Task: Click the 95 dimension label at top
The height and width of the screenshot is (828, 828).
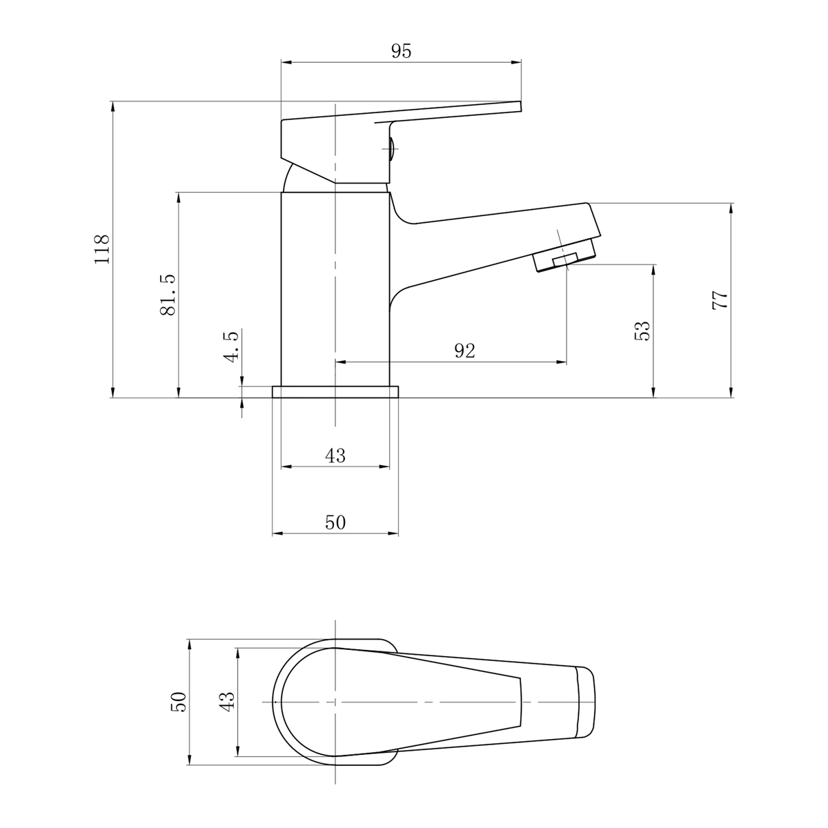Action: click(x=401, y=51)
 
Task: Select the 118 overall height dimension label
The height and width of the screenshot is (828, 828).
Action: click(x=102, y=250)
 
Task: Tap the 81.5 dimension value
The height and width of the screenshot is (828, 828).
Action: click(x=168, y=295)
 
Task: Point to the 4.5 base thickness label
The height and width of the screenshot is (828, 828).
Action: click(x=232, y=346)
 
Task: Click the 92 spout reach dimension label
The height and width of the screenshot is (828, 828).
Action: click(x=465, y=351)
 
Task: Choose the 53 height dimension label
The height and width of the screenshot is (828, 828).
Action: click(x=642, y=330)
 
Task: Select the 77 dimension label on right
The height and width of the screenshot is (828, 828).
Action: click(x=720, y=300)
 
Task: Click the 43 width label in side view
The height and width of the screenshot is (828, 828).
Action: click(x=335, y=456)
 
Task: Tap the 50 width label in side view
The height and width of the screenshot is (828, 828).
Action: click(x=335, y=523)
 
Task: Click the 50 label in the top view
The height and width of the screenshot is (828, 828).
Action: click(x=178, y=702)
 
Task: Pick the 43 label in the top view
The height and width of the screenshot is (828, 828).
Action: click(x=228, y=702)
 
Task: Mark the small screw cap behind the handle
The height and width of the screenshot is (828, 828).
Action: click(x=391, y=148)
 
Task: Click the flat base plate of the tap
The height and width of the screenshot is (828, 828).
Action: click(x=336, y=392)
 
